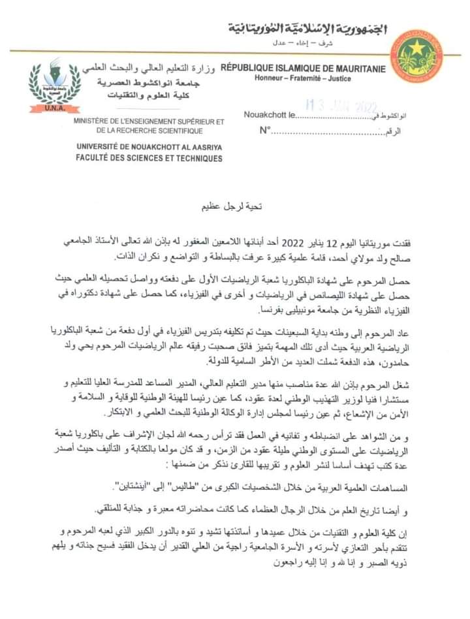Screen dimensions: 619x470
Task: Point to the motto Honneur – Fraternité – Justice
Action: pos(303,79)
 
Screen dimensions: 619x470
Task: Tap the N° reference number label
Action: pos(264,131)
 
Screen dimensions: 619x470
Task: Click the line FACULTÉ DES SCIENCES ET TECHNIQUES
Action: pos(149,158)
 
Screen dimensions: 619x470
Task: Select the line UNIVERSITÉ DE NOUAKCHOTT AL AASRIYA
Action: pos(149,148)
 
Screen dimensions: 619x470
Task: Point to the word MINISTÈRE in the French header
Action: pos(98,121)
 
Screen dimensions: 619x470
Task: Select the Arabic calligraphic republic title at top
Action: pos(307,29)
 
